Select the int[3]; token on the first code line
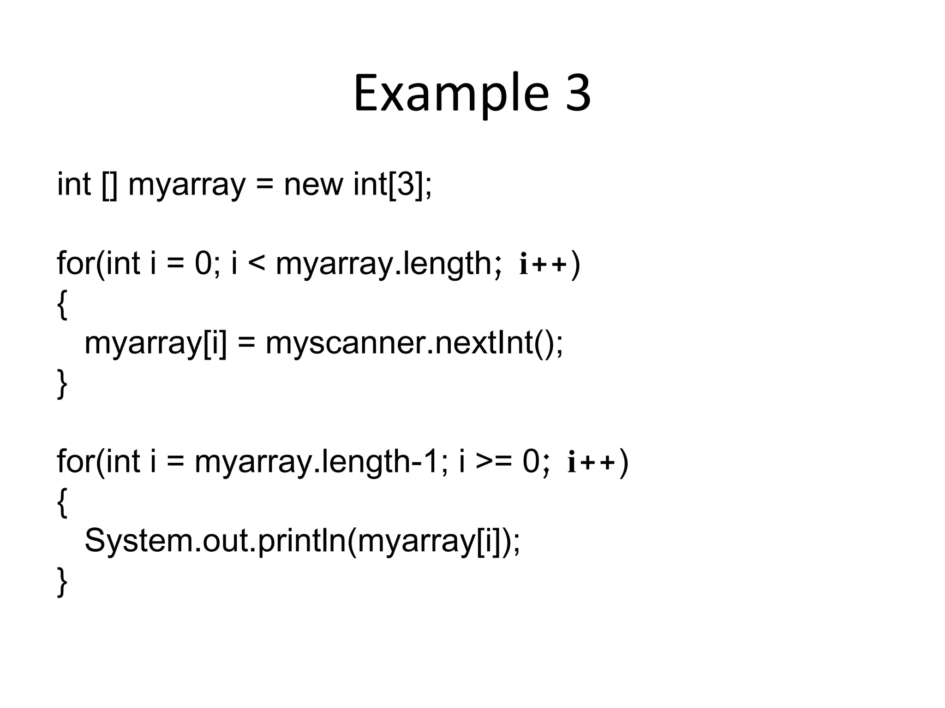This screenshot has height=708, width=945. click(393, 184)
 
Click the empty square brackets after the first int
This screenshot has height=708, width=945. click(109, 184)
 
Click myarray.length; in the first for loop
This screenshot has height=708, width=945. click(388, 264)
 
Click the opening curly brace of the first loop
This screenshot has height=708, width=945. click(62, 304)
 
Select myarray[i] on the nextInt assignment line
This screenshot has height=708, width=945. click(156, 343)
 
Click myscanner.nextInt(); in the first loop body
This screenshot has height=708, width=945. click(414, 343)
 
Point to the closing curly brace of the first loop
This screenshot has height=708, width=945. click(62, 383)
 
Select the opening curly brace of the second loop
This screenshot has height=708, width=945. click(62, 502)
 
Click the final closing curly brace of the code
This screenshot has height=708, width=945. click(62, 582)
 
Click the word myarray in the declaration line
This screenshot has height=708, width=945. click(186, 185)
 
